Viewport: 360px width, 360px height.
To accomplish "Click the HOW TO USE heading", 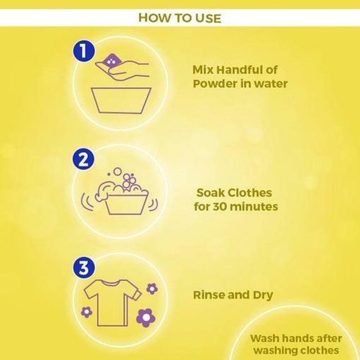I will (x=179, y=17).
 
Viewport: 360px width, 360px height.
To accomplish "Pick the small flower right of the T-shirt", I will (x=152, y=288).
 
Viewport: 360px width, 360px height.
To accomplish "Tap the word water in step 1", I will (x=272, y=84).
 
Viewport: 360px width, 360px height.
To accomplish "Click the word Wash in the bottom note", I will (x=265, y=336).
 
